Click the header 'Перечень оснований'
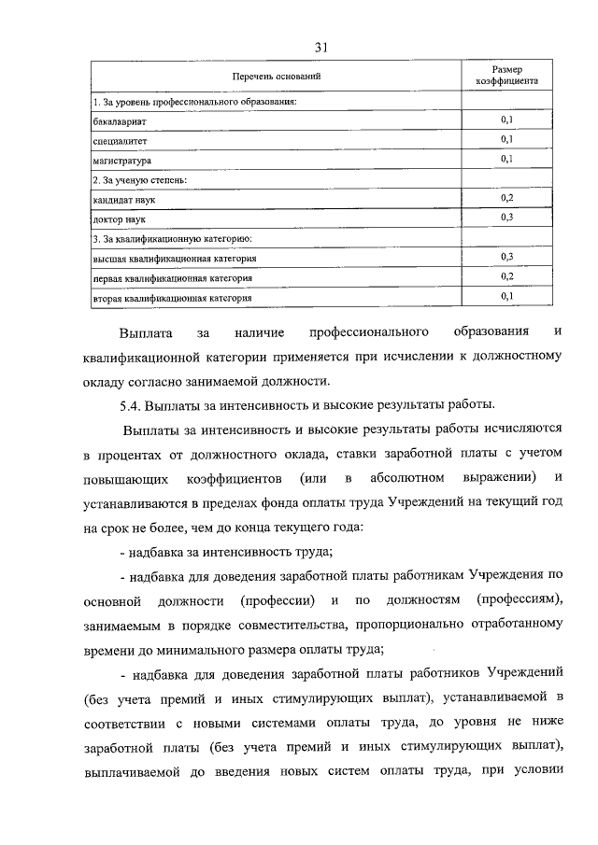276,76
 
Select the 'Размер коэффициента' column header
507,76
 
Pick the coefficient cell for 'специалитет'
507,139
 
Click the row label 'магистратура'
122,160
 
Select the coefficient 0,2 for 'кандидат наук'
507,198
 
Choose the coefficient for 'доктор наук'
507,217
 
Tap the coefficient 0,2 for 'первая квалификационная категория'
507,276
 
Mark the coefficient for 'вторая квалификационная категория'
507,296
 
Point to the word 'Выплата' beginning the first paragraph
143,333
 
